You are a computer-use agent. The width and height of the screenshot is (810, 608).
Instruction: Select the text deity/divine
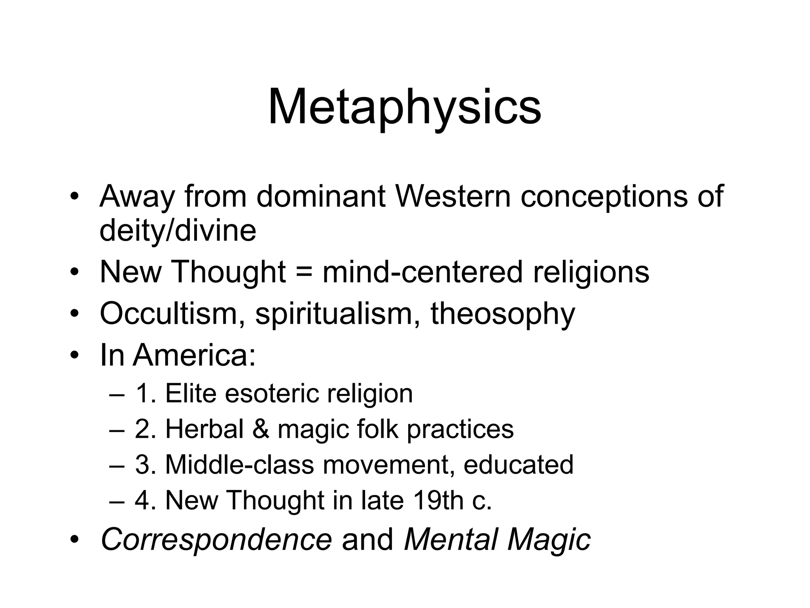point(178,231)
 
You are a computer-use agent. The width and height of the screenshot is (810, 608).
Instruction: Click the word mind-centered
point(422,272)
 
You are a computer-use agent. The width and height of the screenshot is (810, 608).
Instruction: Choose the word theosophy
point(503,314)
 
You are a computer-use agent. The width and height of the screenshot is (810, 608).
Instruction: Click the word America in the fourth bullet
point(194,355)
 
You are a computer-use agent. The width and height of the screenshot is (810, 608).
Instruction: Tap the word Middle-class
point(239,465)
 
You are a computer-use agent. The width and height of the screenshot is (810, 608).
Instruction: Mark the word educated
point(518,465)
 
